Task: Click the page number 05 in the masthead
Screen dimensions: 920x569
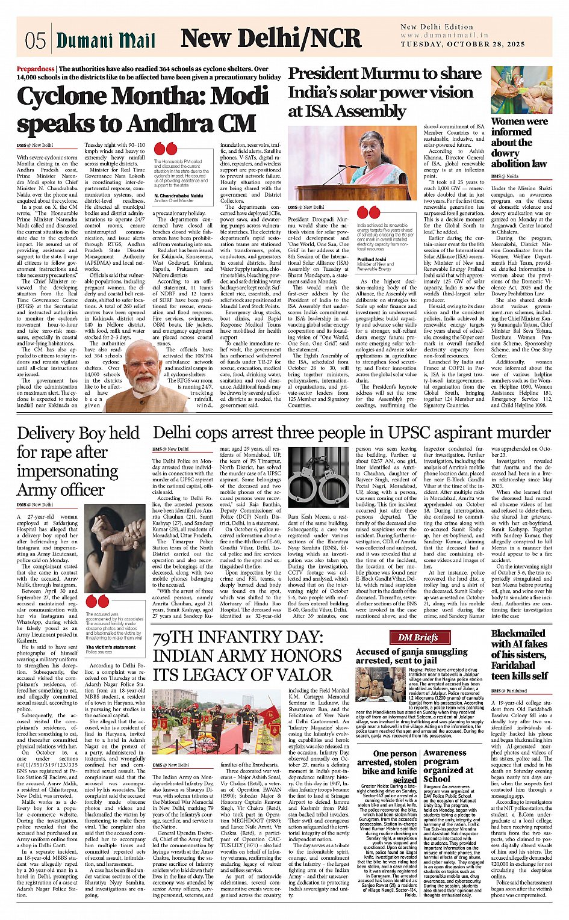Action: tap(35, 40)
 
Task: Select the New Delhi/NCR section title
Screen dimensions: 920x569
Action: tap(271, 39)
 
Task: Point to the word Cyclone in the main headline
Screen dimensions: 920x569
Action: tap(70, 97)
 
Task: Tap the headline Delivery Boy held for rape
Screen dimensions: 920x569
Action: tap(78, 461)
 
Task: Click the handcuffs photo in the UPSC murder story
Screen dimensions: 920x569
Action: tap(318, 476)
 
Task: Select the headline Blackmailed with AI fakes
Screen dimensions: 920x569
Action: tap(518, 654)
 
